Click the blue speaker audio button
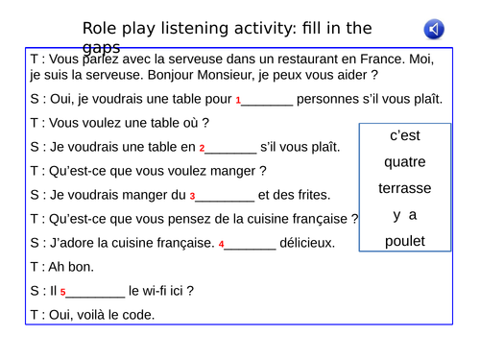[435, 30]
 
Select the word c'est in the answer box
[405, 135]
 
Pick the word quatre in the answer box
[405, 161]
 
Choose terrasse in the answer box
[405, 187]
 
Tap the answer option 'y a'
[404, 214]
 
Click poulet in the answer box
[405, 241]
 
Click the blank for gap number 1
[268, 100]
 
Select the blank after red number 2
[231, 148]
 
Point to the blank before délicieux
[252, 244]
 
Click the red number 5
[62, 292]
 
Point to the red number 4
[222, 245]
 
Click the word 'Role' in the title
[102, 29]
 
